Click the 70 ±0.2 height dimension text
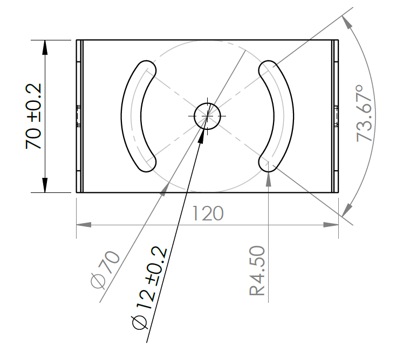pos(33,116)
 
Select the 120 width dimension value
pos(208,214)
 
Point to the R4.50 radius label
pos(257,271)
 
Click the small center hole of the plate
pos(208,116)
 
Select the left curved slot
pos(131,116)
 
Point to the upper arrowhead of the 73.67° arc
pos(347,23)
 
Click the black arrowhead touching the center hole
pos(202,135)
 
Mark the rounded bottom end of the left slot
pos(147,163)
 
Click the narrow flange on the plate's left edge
pos(79,116)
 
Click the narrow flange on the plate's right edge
pos(336,116)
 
